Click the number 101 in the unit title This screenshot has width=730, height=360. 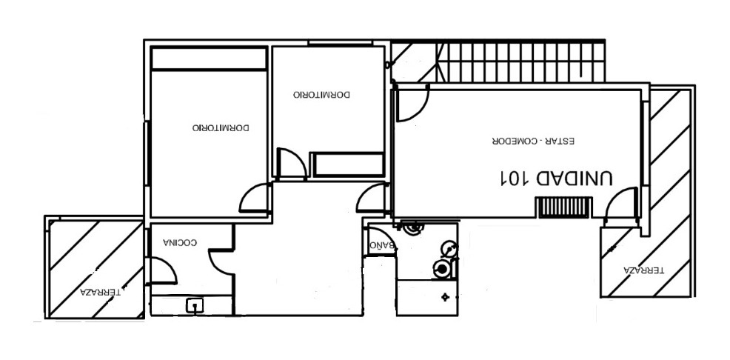tap(515, 178)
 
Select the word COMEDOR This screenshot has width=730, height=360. tap(512, 141)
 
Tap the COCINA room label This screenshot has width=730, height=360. tap(180, 242)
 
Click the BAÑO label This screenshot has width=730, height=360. tap(382, 245)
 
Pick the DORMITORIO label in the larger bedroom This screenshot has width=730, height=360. tap(221, 127)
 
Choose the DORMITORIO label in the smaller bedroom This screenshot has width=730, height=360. tap(322, 94)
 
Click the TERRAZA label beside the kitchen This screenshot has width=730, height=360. tap(101, 293)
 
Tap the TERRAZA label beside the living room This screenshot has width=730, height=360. tap(644, 270)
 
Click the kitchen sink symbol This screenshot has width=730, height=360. tap(195, 305)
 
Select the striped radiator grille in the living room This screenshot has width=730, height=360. tap(563, 207)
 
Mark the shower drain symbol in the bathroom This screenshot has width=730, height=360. tap(446, 296)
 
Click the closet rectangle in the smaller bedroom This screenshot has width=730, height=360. tap(348, 164)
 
